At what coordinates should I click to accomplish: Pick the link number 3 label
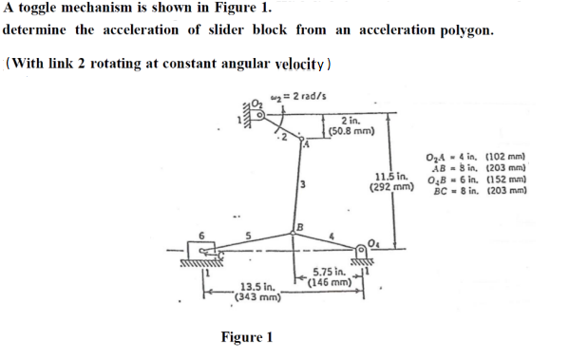(300, 183)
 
